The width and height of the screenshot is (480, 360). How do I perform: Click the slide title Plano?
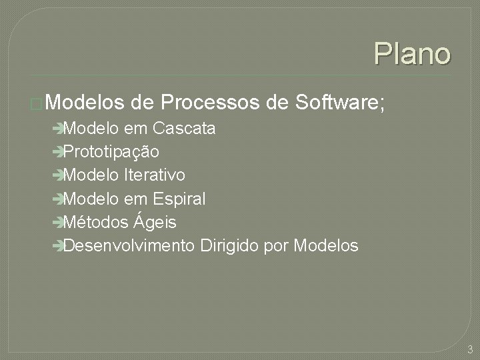[412, 53]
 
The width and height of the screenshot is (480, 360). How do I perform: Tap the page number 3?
[470, 349]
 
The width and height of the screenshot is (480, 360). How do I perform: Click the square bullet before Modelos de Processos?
[37, 104]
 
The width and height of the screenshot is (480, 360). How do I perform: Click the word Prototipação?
[112, 152]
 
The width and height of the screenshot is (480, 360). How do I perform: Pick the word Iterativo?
[155, 175]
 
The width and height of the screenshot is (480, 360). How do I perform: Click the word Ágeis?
[157, 222]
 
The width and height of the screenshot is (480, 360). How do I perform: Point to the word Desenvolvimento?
[129, 246]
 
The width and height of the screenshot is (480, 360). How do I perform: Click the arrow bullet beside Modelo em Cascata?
[60, 128]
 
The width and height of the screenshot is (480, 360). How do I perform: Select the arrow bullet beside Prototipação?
[60, 152]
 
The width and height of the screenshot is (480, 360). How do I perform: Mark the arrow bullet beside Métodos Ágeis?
[60, 223]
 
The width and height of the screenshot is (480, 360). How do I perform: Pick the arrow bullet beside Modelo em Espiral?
[60, 199]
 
